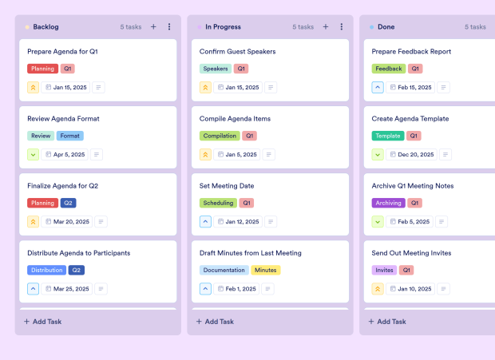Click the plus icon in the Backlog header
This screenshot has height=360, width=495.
coord(153,26)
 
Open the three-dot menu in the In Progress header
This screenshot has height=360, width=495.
coord(341,26)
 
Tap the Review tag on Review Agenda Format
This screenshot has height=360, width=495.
coord(41,136)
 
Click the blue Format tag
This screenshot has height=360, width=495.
coord(69,136)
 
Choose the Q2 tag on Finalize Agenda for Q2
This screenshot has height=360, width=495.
coord(69,203)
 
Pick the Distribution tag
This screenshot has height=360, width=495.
coord(47,270)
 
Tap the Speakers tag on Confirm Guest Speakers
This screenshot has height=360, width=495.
coord(216,69)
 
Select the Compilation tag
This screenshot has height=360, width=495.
coord(220,136)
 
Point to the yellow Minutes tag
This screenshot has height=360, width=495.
coord(266,270)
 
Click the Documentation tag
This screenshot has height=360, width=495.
coord(224,270)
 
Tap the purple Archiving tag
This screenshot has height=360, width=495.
coord(389,203)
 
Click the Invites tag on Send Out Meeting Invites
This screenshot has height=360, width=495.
coord(384,270)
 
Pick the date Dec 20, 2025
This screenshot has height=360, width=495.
coord(415,155)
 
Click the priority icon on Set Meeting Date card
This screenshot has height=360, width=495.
coord(205,222)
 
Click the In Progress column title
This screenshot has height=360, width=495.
coord(224,26)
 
